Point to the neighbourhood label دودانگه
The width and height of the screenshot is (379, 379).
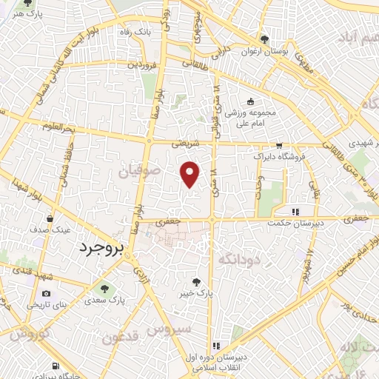pos(238,258)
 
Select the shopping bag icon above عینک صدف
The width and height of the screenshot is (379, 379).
pos(50,219)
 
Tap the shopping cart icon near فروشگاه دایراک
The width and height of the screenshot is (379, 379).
pos(278,146)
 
